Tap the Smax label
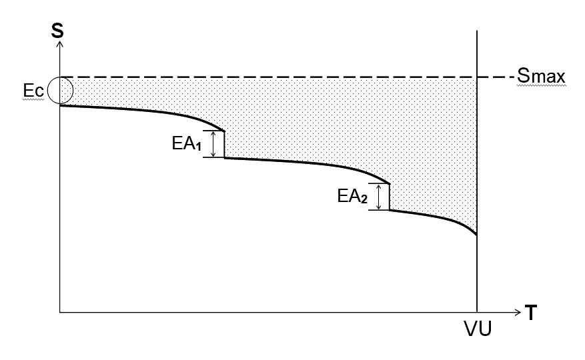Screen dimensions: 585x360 541,77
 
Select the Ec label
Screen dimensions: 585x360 33,91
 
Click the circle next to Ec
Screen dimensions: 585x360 61,91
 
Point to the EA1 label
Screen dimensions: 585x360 185,143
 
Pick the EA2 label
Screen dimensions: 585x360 352,197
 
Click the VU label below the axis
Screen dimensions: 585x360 478,329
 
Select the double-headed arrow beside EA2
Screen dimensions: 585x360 379,197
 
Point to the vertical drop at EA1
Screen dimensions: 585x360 223,145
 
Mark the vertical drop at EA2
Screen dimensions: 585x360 389,197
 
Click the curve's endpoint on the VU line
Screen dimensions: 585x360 478,235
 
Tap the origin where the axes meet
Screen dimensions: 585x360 60,312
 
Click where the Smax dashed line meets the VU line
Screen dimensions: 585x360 478,77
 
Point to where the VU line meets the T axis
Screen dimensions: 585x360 478,312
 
